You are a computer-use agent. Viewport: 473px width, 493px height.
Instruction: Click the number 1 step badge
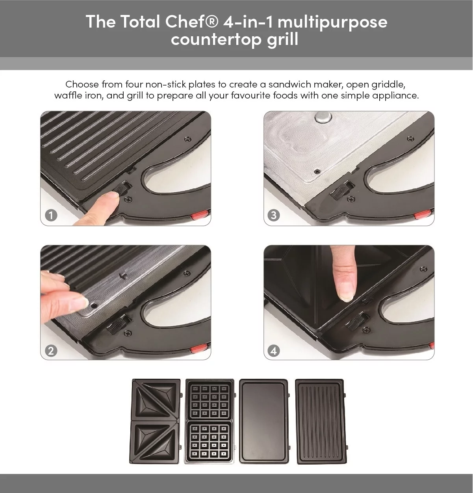[51, 215]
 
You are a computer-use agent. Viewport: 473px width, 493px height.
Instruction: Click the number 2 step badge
[51, 350]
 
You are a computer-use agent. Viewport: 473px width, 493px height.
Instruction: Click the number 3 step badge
[274, 215]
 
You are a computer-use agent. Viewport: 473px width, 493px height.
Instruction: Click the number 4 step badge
[274, 350]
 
